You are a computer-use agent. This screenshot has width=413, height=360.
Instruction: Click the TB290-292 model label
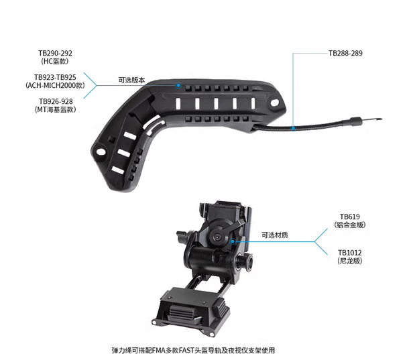tap(55, 53)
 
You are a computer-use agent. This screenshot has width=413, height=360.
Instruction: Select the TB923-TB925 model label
tap(55, 77)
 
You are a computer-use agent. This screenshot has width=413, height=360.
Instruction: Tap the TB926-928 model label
tap(56, 101)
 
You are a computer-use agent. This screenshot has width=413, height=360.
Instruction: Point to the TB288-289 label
tap(345, 53)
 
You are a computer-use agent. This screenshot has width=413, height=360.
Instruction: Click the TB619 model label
tap(350, 217)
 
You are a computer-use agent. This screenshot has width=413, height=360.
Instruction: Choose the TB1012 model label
tap(350, 253)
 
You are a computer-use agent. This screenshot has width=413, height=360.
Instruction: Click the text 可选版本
tap(131, 80)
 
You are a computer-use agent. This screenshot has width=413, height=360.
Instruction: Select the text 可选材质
tap(275, 235)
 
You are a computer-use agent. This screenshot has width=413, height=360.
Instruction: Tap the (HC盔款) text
tap(55, 62)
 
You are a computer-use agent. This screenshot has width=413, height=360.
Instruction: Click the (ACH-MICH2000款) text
tap(55, 85)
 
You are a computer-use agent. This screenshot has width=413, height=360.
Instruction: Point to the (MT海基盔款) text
tap(55, 109)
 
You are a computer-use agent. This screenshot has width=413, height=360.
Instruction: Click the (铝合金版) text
tap(350, 225)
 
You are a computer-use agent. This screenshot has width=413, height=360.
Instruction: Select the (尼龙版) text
tap(350, 261)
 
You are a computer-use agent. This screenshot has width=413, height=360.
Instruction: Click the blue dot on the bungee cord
tap(293, 128)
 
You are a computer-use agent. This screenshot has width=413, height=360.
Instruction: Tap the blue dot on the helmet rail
tap(178, 85)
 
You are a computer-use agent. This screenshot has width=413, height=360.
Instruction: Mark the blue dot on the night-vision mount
tap(233, 241)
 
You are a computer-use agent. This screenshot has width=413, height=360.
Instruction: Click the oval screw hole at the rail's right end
tap(274, 102)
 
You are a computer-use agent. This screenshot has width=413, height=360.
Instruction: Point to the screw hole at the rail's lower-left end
tap(101, 152)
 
